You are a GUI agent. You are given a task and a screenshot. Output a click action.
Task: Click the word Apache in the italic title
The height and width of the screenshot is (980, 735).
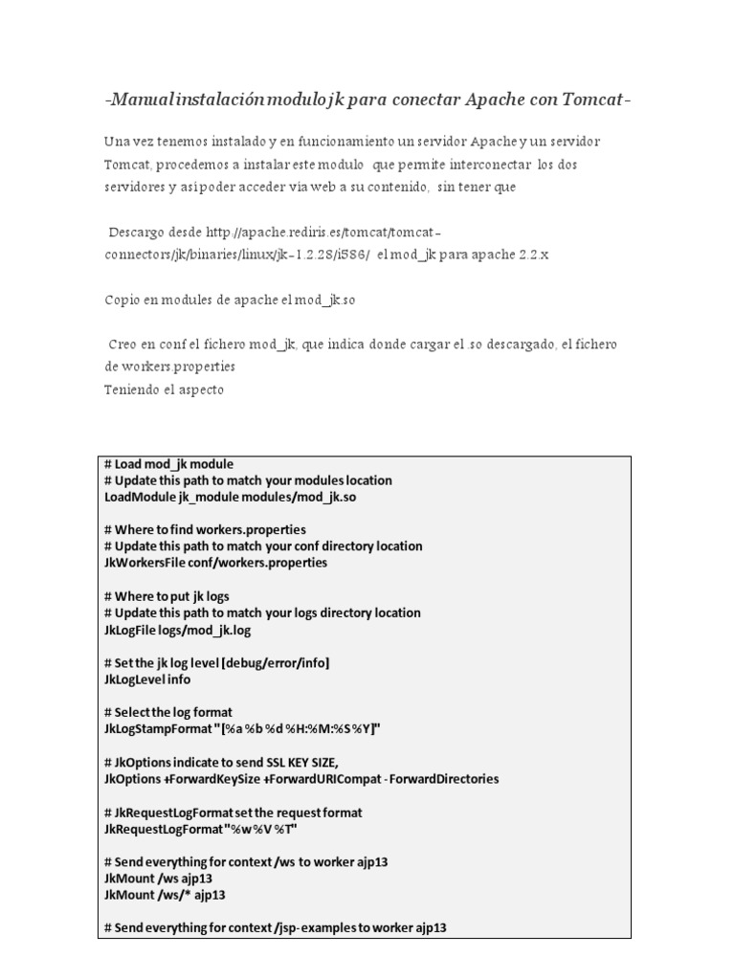pos(500,100)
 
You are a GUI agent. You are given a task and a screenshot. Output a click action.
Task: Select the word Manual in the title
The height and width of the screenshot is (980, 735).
pos(138,100)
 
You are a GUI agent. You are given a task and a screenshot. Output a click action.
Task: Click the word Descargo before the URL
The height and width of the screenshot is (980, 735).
pos(140,233)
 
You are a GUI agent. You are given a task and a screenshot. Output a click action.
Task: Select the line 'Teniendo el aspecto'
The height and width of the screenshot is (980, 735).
pos(164,390)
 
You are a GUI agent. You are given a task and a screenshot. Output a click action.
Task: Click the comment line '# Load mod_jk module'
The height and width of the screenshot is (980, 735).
pos(168,464)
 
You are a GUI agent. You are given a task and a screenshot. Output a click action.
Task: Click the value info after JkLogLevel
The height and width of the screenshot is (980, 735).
pos(178,679)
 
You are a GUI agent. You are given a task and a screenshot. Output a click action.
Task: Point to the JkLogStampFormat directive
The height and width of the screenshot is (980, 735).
pos(162,729)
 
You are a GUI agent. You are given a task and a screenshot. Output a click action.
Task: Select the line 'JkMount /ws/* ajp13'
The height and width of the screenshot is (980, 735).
pos(165,895)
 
